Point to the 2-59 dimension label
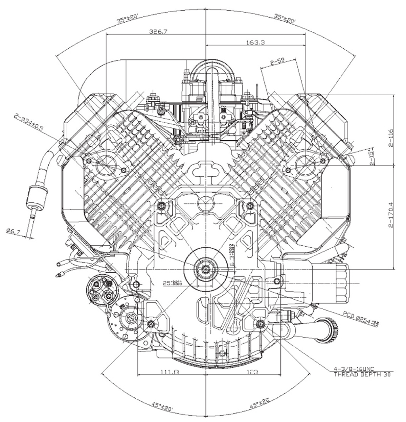pyautogui.click(x=278, y=62)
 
